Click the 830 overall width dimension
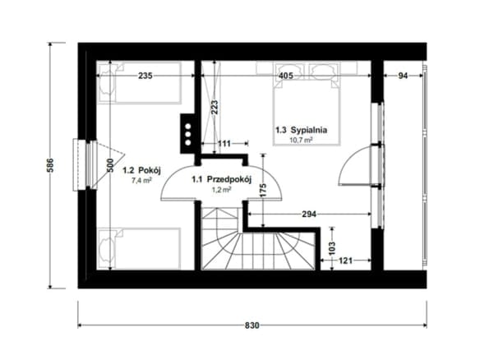click(252, 325)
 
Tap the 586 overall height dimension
click(50, 165)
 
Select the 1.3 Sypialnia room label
click(301, 130)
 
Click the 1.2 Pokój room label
click(141, 170)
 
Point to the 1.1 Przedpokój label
click(222, 179)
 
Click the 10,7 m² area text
click(301, 141)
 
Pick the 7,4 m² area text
click(141, 180)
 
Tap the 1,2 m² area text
click(222, 190)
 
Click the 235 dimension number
click(145, 76)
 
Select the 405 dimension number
click(286, 76)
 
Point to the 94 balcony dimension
click(404, 76)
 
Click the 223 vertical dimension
click(215, 108)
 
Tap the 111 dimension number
click(224, 143)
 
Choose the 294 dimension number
click(309, 215)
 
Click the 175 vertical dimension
click(263, 190)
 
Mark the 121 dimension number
click(345, 261)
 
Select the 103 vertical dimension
click(332, 248)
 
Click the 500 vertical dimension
click(110, 165)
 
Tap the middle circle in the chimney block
click(188, 135)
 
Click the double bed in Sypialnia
click(307, 104)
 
